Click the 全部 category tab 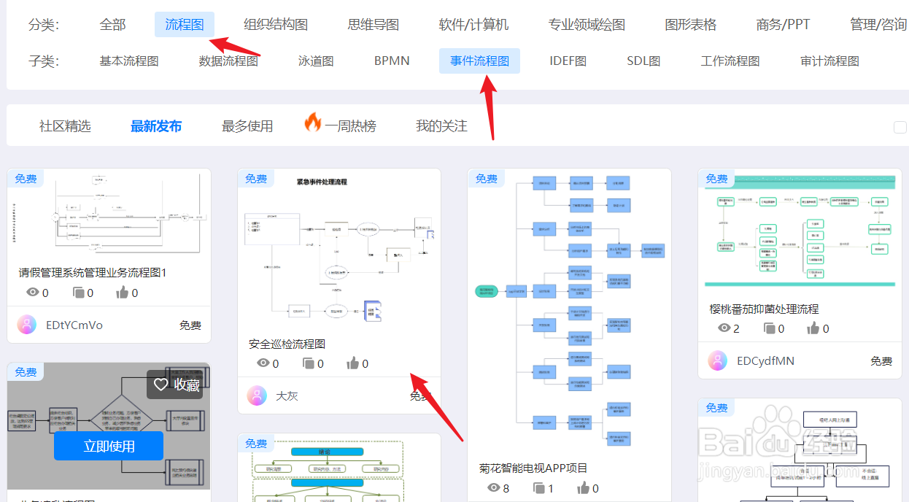pyautogui.click(x=112, y=25)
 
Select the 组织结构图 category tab pyautogui.click(x=276, y=25)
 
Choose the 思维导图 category pyautogui.click(x=374, y=25)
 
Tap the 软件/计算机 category pyautogui.click(x=473, y=25)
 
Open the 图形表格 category pyautogui.click(x=690, y=25)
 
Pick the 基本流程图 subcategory pyautogui.click(x=129, y=61)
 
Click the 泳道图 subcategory pyautogui.click(x=316, y=61)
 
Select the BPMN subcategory pyautogui.click(x=392, y=61)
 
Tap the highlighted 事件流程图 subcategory pyautogui.click(x=479, y=61)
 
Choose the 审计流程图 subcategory pyautogui.click(x=829, y=61)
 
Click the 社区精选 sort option pyautogui.click(x=65, y=126)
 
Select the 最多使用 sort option pyautogui.click(x=247, y=126)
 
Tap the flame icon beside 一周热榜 pyautogui.click(x=313, y=123)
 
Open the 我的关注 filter pyautogui.click(x=441, y=126)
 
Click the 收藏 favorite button pyautogui.click(x=175, y=385)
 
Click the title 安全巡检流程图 pyautogui.click(x=287, y=344)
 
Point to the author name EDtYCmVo pyautogui.click(x=74, y=325)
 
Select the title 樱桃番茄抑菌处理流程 pyautogui.click(x=764, y=309)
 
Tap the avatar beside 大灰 pyautogui.click(x=257, y=395)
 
